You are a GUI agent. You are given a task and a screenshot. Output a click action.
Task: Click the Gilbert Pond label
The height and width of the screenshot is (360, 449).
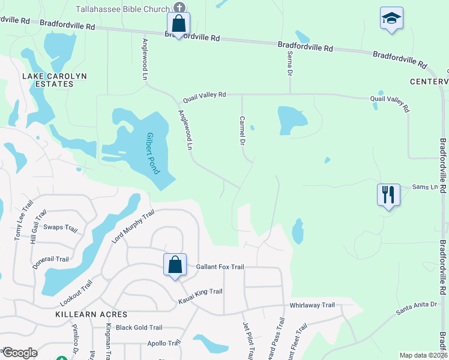(x=152, y=152)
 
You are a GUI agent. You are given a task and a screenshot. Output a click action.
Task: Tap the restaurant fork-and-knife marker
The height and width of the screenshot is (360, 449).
(x=387, y=195)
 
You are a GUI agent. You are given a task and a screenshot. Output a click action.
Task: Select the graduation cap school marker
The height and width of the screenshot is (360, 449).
(x=391, y=18)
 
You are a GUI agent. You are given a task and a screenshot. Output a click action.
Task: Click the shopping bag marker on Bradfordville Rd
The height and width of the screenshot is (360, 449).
(x=178, y=25)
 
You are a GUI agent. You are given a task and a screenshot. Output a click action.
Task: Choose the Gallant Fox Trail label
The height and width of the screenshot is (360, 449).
(x=220, y=266)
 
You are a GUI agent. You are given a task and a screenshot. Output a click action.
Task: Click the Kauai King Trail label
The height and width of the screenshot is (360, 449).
(x=200, y=292)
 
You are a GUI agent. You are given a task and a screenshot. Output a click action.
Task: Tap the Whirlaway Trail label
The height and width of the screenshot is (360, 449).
(x=312, y=305)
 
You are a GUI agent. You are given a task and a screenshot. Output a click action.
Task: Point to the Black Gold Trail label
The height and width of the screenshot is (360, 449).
(x=139, y=328)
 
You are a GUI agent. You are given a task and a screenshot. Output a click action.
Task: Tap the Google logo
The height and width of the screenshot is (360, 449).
(x=20, y=353)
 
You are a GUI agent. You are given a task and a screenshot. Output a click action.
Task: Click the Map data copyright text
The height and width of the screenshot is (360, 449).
(x=423, y=355)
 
